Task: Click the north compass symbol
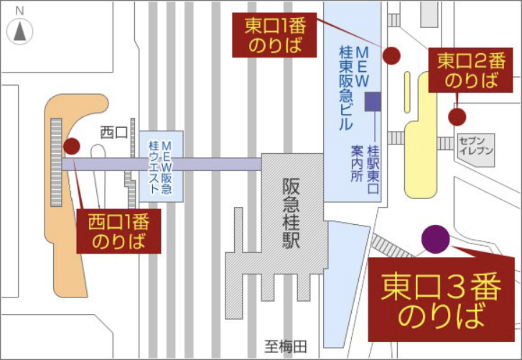pos(20,29)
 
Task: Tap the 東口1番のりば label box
pos(276,37)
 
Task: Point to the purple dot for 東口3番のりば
pos(435,239)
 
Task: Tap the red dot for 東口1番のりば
pos(391,55)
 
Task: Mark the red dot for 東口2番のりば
pos(457,116)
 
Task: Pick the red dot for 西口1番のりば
pos(71,147)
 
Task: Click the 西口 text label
pos(113,131)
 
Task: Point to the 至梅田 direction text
pos(284,347)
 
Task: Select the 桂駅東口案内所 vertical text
pos(365,171)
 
